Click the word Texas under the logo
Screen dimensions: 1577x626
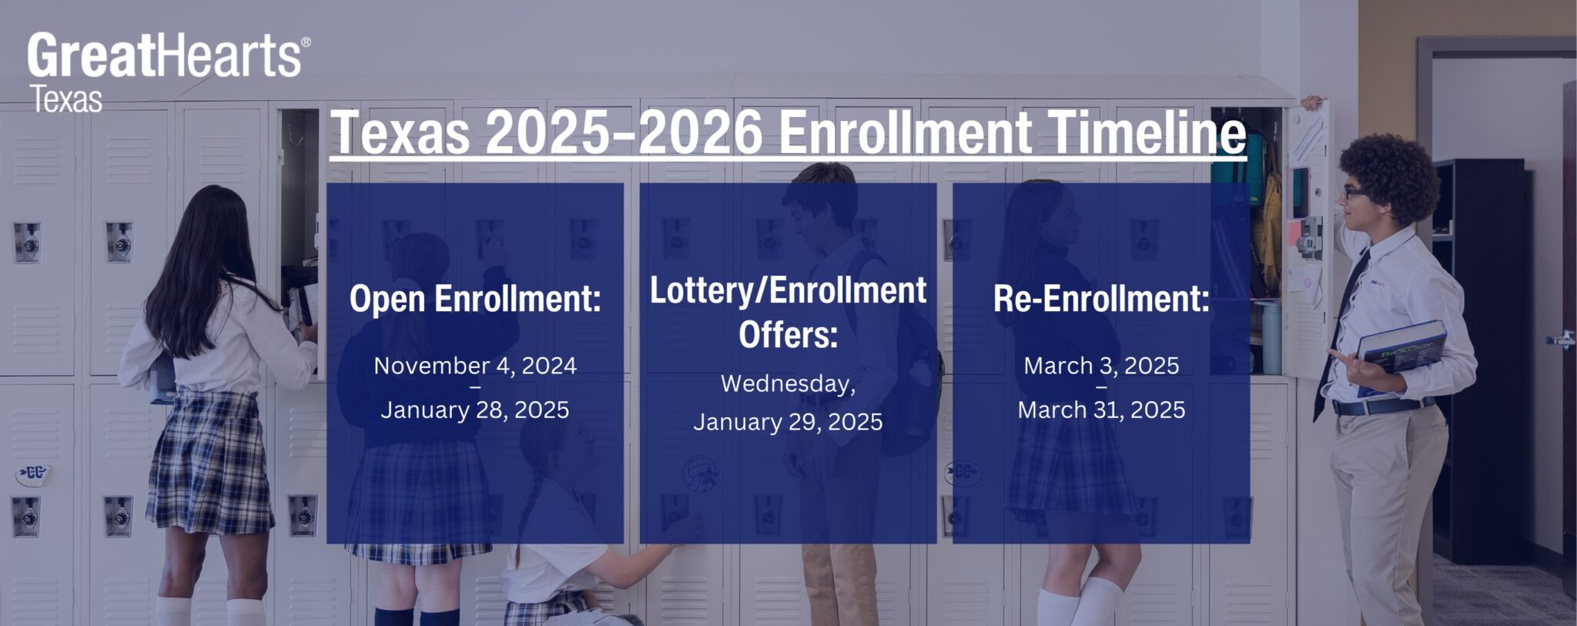pos(66,100)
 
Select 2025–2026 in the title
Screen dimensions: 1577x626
pos(624,132)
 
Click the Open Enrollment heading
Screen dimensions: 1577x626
pos(475,299)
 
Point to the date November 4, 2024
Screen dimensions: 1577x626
pos(475,365)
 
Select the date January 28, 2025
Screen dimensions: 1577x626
pos(475,410)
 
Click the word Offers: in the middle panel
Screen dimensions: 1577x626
pos(788,334)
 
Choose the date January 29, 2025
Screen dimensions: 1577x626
pos(788,422)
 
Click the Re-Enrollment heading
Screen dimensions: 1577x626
pos(1101,299)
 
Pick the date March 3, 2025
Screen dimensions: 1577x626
pos(1101,365)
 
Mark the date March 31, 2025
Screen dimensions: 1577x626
pos(1101,410)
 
